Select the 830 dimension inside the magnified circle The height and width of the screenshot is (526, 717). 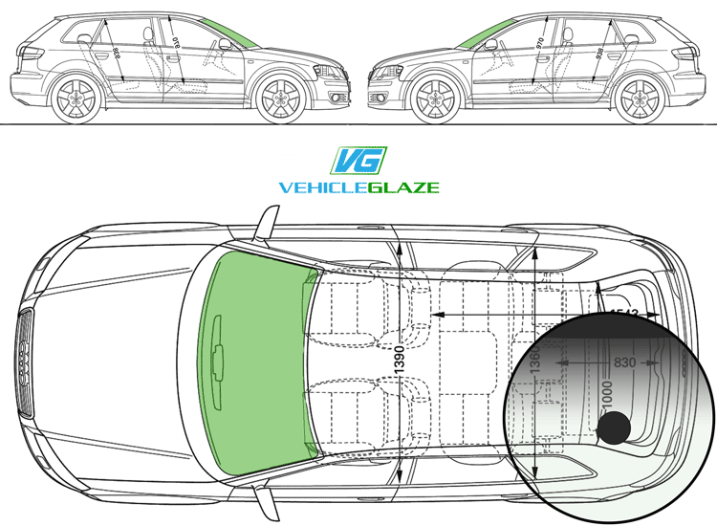tap(621, 362)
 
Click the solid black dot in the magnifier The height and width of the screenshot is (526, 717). tap(614, 428)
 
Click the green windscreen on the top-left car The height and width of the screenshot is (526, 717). tap(228, 34)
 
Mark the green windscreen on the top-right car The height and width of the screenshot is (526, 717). tap(486, 34)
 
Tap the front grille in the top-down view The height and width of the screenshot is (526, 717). tap(24, 363)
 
